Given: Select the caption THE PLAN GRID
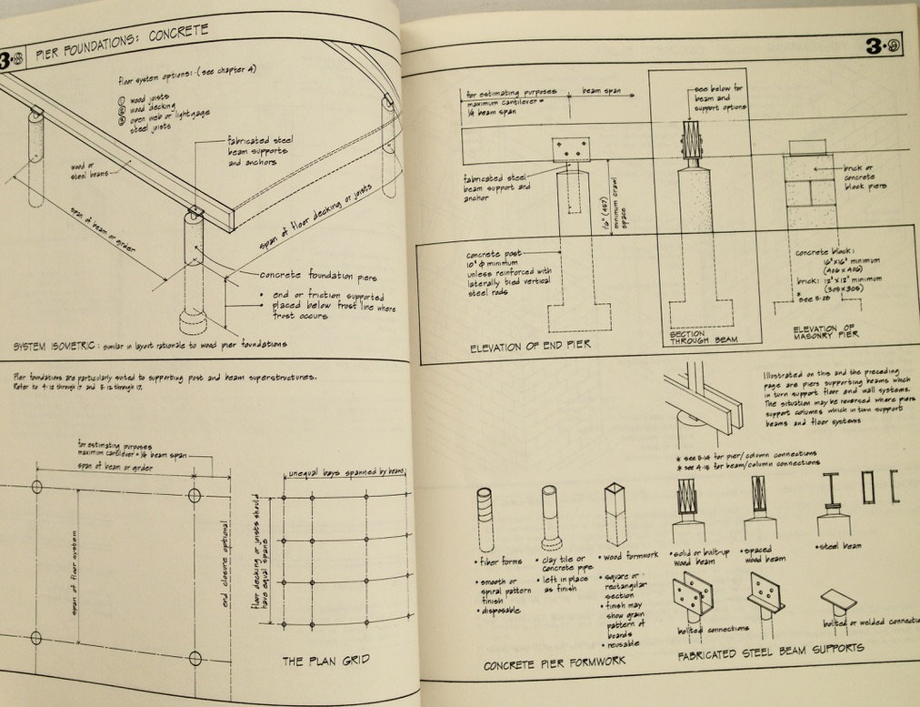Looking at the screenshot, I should (326, 660).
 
